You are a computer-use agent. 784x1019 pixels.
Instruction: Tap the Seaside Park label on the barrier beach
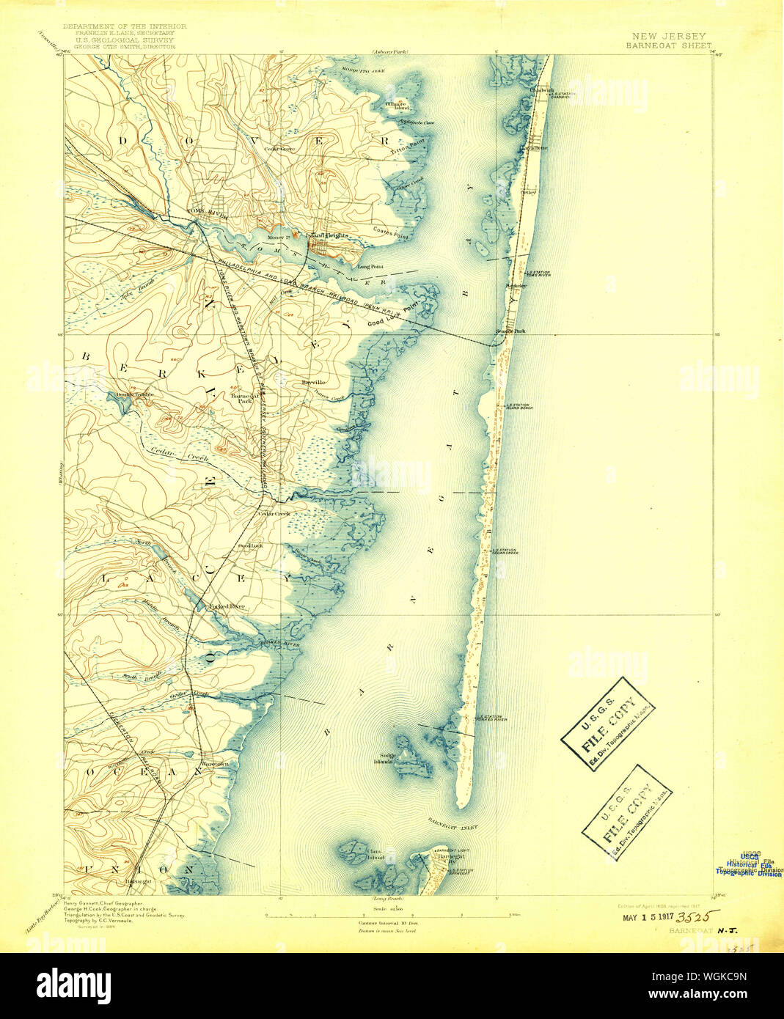(x=510, y=331)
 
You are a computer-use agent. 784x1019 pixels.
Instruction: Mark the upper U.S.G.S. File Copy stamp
(x=608, y=724)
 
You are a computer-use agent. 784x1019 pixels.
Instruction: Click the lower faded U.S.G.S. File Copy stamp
(x=627, y=812)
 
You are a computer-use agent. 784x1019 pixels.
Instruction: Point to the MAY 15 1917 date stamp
(x=647, y=918)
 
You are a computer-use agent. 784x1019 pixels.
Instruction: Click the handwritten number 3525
(x=697, y=916)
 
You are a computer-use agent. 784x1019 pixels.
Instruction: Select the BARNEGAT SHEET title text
(x=668, y=45)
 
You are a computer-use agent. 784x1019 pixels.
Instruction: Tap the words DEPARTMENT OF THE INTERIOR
(x=125, y=26)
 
